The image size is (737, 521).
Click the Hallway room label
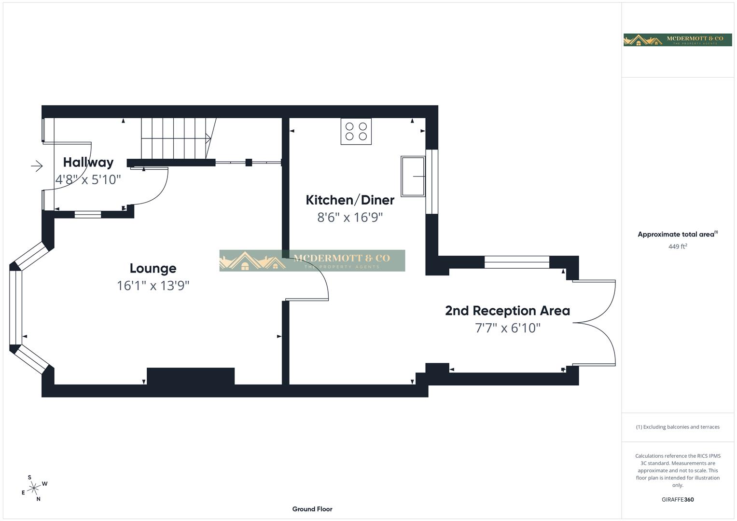[88, 162]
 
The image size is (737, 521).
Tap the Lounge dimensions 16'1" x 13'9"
[153, 286]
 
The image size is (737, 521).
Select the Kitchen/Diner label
[350, 200]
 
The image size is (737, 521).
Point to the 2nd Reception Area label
[507, 311]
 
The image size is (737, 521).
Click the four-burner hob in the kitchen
[356, 131]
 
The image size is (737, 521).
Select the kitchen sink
[413, 176]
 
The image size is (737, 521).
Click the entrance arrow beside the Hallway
[37, 166]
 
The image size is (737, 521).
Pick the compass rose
[33, 489]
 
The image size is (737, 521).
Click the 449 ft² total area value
[677, 247]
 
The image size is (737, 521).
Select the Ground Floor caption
[312, 509]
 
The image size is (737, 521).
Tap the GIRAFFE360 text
[677, 499]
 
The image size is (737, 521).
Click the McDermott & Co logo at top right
[677, 40]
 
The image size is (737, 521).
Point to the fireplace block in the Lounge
[191, 376]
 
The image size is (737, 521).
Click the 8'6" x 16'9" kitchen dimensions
[350, 217]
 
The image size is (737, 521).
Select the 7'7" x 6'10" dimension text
[508, 328]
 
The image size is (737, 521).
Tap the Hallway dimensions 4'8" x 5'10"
[88, 179]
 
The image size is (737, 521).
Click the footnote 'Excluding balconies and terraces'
[678, 427]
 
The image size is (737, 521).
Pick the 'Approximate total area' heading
[677, 234]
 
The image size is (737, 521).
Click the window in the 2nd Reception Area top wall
[517, 262]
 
